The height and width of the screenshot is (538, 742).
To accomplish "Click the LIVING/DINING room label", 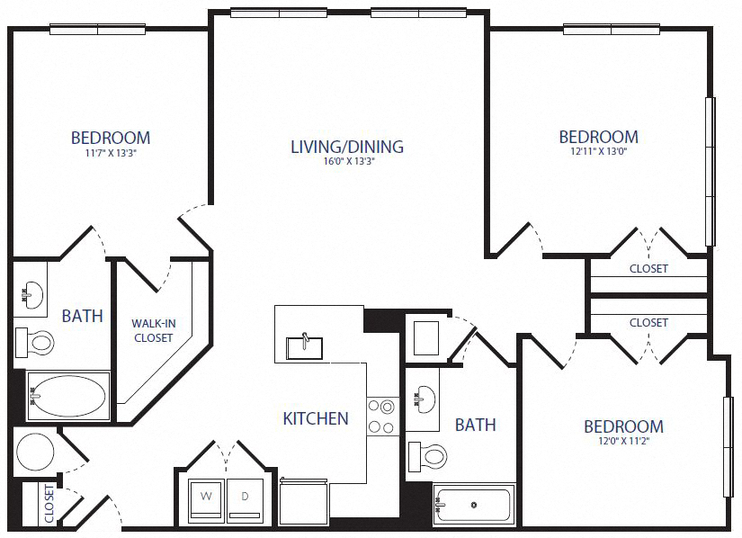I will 346,147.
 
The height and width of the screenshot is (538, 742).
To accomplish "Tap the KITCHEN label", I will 316,418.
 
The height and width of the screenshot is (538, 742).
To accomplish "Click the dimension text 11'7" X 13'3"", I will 110,154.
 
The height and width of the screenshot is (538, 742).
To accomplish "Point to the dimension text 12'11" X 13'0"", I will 598,153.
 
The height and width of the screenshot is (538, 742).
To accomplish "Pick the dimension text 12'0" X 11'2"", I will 623,442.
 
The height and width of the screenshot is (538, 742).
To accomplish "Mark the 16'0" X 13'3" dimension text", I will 346,163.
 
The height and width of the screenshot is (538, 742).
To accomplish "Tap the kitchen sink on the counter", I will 304,345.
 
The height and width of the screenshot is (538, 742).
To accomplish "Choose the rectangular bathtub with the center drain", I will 473,505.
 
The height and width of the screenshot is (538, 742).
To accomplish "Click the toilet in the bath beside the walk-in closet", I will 36,342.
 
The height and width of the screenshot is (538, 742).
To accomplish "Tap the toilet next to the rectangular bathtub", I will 429,456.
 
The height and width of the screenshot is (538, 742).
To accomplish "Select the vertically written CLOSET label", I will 49,506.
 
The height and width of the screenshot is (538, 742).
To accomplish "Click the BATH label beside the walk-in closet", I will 82,317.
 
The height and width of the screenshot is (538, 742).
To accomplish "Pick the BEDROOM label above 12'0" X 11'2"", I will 623,426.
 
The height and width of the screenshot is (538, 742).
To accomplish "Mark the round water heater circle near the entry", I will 36,451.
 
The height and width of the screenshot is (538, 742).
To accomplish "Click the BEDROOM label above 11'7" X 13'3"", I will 110,138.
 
